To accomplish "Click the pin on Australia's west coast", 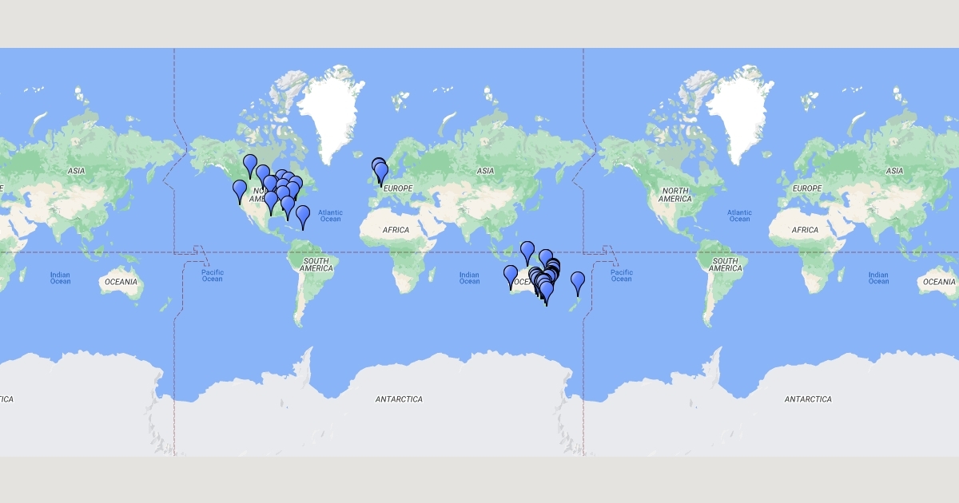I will point(511,275).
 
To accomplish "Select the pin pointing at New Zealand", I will point(578,282).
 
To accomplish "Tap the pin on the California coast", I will point(240,190).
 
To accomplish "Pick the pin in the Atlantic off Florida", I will point(303,215).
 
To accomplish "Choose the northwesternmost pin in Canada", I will point(250,164).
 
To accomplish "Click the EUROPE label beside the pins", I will point(397,188).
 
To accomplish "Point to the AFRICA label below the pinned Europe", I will point(396,230).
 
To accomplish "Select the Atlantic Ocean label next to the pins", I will point(330,216).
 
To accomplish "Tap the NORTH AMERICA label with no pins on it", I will point(674,194).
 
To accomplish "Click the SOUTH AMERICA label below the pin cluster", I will point(316,265).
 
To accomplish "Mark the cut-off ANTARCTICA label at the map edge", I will point(6,398).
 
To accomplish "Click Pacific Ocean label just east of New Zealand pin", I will point(621,275).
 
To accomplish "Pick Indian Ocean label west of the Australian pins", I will point(470,278).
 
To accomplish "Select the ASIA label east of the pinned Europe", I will point(485,171).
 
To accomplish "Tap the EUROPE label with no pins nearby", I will point(806,188).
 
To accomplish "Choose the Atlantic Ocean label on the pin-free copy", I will point(739,216).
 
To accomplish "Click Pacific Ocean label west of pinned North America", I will point(212,275).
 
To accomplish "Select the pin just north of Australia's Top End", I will point(527,251).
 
